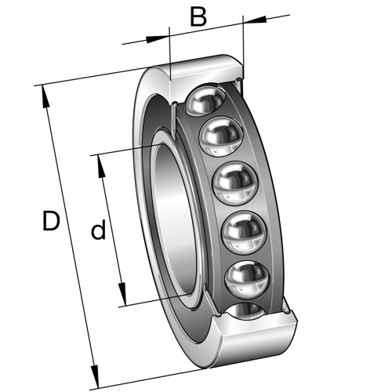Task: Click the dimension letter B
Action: [198, 17]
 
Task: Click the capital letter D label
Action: [51, 221]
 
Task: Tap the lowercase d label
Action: [98, 230]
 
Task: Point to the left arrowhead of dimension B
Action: [157, 39]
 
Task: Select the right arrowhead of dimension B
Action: [255, 20]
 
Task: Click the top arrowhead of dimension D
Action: [45, 96]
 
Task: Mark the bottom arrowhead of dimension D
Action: [95, 376]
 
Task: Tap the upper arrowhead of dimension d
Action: [101, 166]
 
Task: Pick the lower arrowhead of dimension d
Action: [122, 294]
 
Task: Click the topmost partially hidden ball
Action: [205, 100]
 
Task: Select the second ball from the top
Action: [221, 136]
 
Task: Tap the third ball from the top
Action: [235, 183]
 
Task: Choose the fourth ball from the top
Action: [244, 233]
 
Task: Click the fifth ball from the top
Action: [247, 280]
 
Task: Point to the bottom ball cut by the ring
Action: [246, 311]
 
